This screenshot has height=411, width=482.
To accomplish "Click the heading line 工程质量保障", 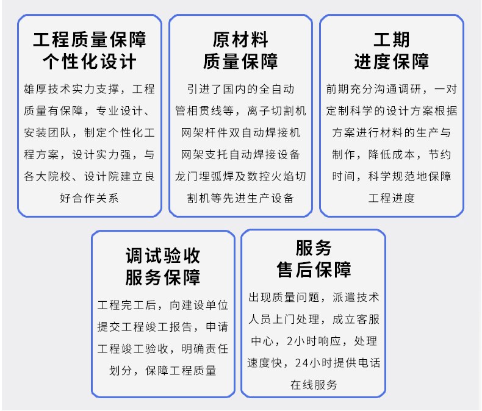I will tap(90, 40).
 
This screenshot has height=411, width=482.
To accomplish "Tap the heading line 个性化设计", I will tap(90, 62).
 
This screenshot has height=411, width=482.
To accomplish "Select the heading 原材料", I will tap(240, 40).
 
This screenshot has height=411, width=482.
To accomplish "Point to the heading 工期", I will tap(391, 40).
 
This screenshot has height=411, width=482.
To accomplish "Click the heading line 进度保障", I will tap(391, 62).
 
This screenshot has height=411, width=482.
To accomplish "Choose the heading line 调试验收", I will tap(163, 255).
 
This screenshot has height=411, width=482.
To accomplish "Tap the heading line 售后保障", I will tap(314, 270).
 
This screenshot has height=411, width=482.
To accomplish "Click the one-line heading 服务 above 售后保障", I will tap(314, 248).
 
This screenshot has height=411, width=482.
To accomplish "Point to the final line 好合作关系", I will tap(90, 198).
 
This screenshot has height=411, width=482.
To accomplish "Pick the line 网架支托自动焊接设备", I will tap(240, 154).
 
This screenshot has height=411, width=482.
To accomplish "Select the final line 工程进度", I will tap(391, 198).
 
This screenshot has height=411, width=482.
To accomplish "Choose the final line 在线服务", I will tap(314, 384).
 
